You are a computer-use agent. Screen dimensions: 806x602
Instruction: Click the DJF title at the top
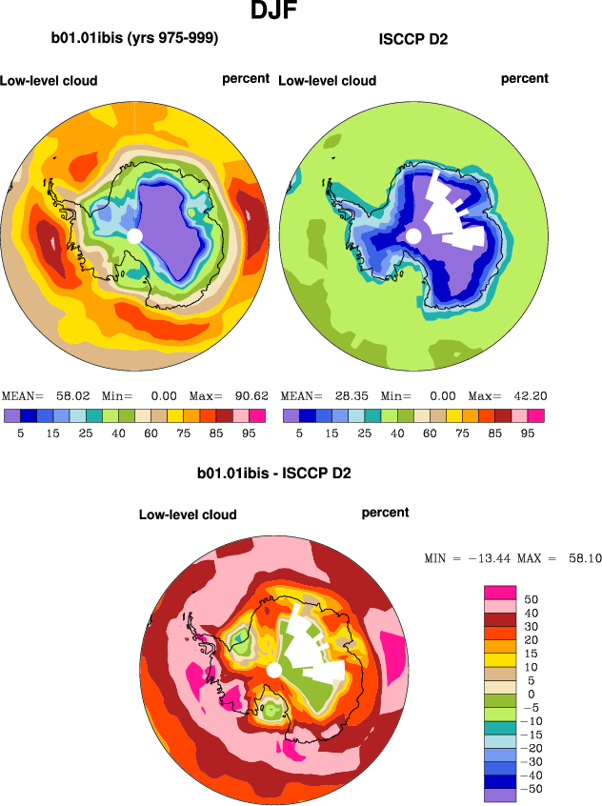pyautogui.click(x=277, y=12)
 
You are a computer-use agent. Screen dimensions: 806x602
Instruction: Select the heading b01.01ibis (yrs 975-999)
pyautogui.click(x=134, y=39)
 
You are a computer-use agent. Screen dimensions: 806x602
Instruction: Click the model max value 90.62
pyautogui.click(x=246, y=395)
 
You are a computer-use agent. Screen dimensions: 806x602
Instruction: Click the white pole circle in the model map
pyautogui.click(x=134, y=235)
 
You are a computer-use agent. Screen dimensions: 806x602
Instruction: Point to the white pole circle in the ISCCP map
pyautogui.click(x=413, y=235)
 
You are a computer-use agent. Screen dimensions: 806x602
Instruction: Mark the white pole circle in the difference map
pyautogui.click(x=273, y=671)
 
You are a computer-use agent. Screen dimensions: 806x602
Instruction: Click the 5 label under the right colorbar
pyautogui.click(x=299, y=433)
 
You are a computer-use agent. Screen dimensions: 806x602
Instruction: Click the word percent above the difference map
pyautogui.click(x=385, y=513)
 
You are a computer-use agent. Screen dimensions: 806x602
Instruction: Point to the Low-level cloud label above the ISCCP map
pyautogui.click(x=327, y=81)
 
